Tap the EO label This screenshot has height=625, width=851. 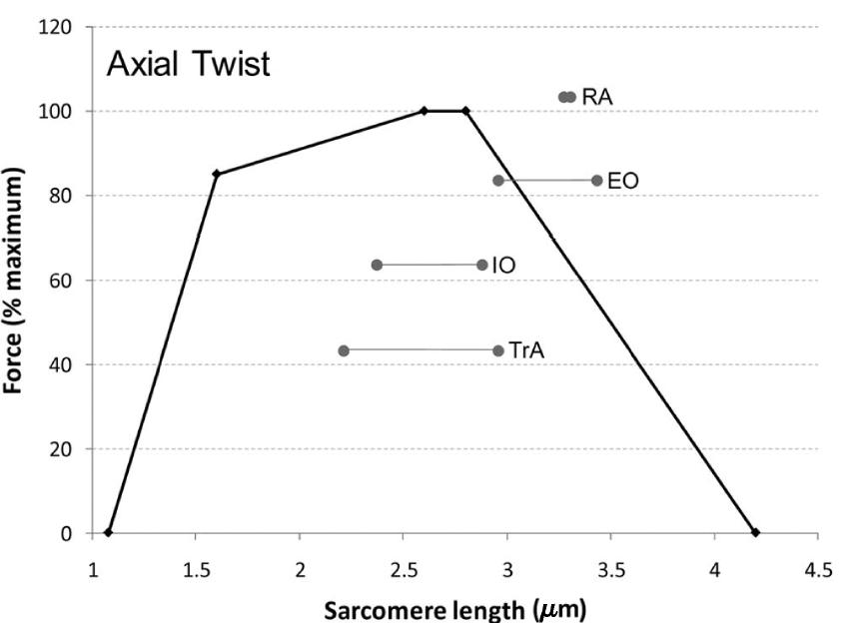622,182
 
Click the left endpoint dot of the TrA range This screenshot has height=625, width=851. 344,350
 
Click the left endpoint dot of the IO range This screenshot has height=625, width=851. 377,265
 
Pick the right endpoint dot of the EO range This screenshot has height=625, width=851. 596,181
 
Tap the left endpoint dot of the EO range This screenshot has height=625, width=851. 498,181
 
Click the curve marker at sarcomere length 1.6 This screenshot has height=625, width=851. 217,174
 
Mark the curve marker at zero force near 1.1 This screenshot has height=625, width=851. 108,532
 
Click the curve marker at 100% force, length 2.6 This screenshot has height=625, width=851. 424,111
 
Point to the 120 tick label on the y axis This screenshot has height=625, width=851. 58,27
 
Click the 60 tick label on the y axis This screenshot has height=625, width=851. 62,280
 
